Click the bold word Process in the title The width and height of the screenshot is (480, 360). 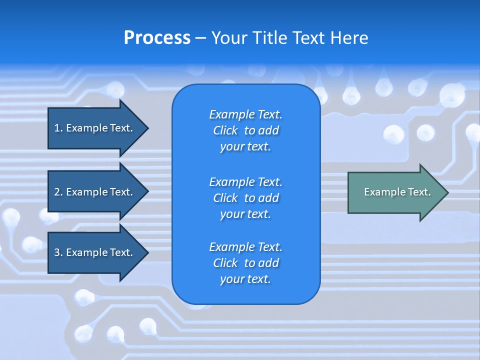(x=157, y=38)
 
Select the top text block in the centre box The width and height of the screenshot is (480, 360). (x=245, y=130)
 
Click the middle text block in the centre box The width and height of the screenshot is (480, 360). (x=245, y=198)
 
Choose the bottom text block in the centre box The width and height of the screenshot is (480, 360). (x=245, y=263)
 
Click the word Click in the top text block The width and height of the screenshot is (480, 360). (x=225, y=130)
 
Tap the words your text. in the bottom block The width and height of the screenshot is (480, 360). (x=245, y=279)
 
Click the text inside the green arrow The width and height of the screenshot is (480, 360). (x=397, y=192)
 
